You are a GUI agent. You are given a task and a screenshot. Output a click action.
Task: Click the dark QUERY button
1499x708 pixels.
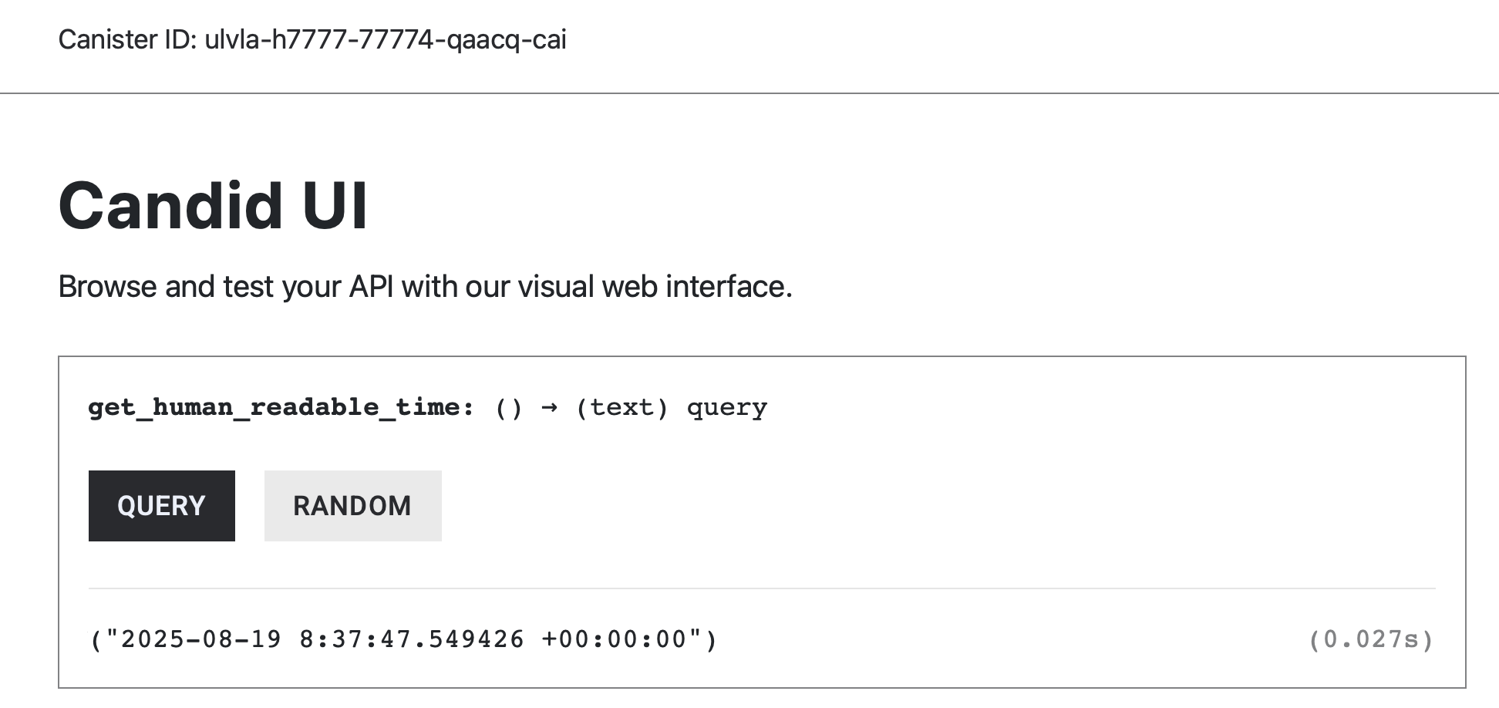point(161,506)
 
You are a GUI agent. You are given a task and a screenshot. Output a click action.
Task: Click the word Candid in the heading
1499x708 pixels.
point(170,206)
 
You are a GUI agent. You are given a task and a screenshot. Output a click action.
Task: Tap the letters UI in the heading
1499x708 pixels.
point(335,206)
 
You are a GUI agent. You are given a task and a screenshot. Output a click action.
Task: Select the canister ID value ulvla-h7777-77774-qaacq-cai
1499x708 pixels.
point(385,39)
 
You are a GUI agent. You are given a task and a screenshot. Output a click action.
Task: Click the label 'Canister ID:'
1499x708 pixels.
point(127,39)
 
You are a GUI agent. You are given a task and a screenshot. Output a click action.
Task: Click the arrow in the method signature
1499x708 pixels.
point(549,407)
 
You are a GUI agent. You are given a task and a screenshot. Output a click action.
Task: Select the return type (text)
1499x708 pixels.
point(622,407)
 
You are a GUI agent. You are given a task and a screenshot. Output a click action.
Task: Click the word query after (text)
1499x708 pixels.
point(726,407)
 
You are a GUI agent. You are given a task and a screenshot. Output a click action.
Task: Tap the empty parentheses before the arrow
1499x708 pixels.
point(509,407)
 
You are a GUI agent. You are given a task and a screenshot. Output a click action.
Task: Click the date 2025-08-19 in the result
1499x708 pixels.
point(201,639)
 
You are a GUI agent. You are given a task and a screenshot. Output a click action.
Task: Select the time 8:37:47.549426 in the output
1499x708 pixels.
point(412,639)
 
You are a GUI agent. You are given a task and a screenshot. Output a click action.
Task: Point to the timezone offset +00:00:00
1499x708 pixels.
point(614,639)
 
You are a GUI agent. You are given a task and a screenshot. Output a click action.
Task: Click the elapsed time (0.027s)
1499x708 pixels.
point(1371,639)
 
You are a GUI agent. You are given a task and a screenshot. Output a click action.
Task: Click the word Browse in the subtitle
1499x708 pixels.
point(107,287)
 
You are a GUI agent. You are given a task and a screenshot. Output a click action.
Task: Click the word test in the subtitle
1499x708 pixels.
point(248,287)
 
